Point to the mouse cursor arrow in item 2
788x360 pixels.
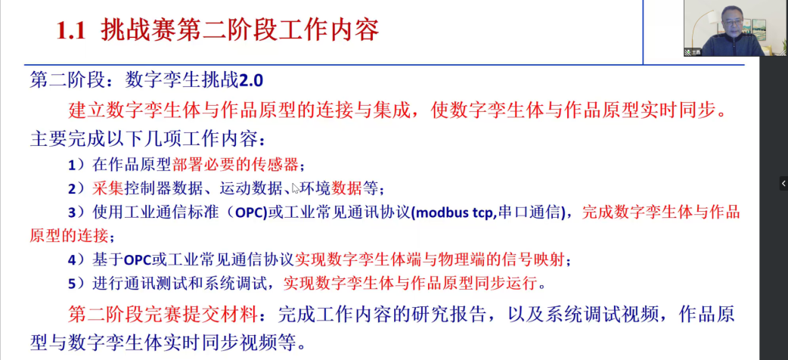(296, 188)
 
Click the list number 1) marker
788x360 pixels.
(76, 164)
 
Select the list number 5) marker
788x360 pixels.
(76, 284)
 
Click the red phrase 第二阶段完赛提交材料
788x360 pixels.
(166, 313)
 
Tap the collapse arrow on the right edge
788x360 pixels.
(783, 183)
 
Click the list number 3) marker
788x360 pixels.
(76, 212)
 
